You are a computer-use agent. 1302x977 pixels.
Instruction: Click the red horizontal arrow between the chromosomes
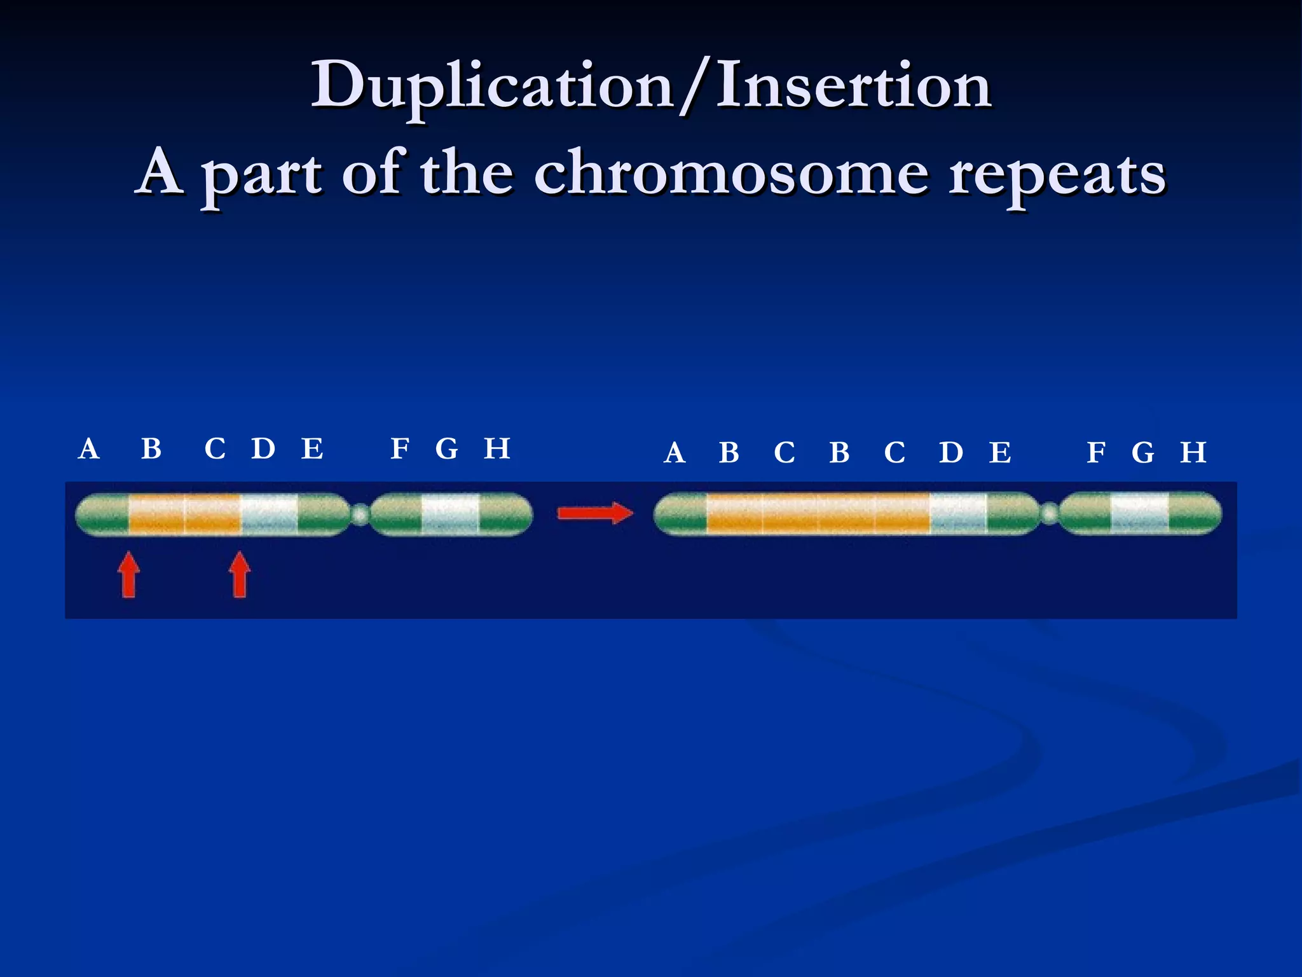tap(595, 513)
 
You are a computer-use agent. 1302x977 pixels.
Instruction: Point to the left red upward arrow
tap(129, 574)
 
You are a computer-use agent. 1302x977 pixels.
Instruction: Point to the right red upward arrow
tap(240, 574)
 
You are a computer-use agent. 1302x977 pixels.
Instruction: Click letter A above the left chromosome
tap(89, 449)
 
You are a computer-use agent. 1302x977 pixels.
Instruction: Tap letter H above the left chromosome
tap(497, 449)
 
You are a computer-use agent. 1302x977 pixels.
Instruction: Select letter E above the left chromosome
tap(312, 449)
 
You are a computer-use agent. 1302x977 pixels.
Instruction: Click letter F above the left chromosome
tap(400, 449)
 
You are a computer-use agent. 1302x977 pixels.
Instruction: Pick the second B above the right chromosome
tap(839, 453)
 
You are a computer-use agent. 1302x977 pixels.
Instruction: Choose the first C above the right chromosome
tap(785, 453)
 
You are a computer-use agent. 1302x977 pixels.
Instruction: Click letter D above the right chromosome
tap(951, 453)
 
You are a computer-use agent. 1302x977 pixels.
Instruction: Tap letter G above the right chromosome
tap(1142, 453)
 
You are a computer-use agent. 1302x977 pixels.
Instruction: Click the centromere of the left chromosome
tap(360, 514)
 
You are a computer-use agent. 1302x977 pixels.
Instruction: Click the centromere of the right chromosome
tap(1050, 513)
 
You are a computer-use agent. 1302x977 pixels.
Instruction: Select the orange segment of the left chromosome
tap(184, 515)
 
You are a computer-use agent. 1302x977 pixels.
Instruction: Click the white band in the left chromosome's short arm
tap(450, 515)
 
